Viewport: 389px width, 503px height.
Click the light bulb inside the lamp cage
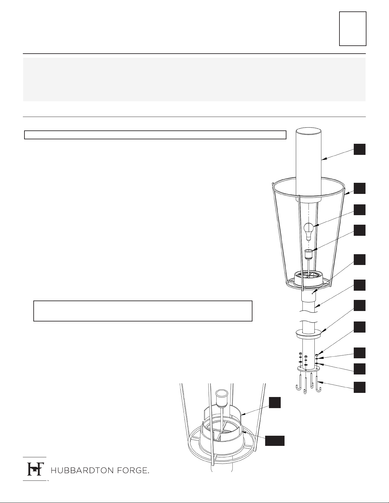tap(308, 231)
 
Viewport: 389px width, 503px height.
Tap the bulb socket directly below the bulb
tap(308, 254)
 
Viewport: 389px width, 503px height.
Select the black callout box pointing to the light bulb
tap(359, 210)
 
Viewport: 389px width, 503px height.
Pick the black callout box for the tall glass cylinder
tap(359, 149)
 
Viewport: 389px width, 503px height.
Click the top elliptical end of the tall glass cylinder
tap(308, 131)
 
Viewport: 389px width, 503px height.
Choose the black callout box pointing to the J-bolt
tap(359, 387)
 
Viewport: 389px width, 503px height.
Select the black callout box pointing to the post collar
tap(359, 306)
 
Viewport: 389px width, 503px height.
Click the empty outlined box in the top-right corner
tap(353, 29)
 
